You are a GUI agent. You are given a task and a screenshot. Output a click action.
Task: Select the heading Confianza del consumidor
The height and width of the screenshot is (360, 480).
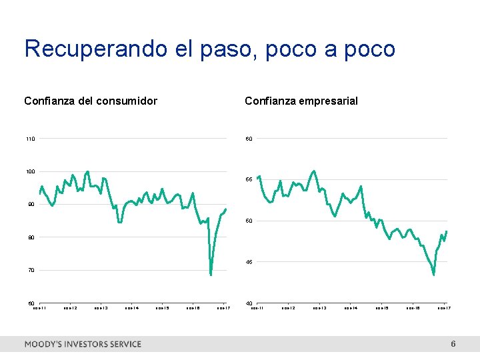click(x=91, y=101)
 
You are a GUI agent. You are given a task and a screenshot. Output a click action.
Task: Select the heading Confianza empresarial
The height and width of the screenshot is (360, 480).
click(x=301, y=101)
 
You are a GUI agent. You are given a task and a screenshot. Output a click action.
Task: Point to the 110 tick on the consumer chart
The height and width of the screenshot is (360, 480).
click(x=31, y=139)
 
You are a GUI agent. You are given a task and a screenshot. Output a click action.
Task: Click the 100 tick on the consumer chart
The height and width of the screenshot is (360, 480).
click(x=31, y=172)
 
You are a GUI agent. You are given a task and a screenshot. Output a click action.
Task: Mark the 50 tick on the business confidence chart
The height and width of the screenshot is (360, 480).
click(x=249, y=221)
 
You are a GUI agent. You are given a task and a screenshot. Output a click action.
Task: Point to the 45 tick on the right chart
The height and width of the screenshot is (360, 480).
click(x=249, y=263)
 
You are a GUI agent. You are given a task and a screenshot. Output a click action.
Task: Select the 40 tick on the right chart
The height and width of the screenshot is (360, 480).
click(x=249, y=304)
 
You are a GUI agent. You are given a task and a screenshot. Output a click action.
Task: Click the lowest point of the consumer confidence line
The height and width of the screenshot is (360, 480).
click(x=211, y=275)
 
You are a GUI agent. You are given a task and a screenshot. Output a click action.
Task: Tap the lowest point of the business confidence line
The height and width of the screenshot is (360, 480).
click(x=434, y=274)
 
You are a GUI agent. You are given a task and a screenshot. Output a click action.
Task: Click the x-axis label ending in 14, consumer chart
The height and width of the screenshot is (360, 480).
click(x=132, y=308)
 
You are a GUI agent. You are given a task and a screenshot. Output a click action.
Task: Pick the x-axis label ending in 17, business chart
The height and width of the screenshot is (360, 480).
click(x=444, y=308)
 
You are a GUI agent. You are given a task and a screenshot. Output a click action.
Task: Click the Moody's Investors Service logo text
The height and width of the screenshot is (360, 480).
click(x=83, y=344)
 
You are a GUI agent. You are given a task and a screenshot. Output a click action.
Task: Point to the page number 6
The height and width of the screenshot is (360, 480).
click(x=453, y=344)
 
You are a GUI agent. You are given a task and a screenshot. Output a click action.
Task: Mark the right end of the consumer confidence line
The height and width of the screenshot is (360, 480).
click(x=226, y=209)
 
